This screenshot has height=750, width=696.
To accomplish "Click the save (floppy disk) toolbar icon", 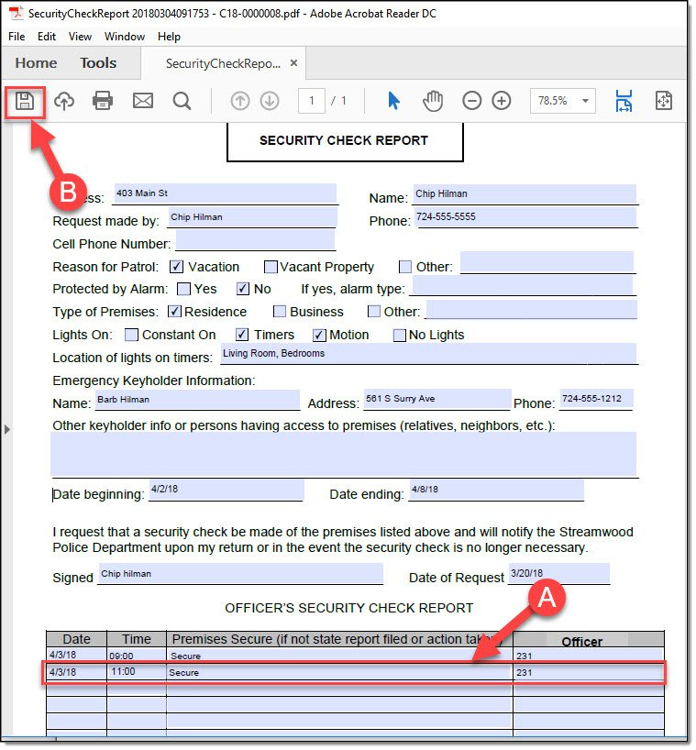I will (x=25, y=101).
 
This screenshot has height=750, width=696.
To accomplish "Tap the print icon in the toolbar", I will (x=103, y=101).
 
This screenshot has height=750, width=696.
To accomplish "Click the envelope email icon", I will (x=143, y=101).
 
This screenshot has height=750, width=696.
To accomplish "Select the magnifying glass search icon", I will (x=182, y=101).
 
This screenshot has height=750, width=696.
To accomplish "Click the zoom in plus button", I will (x=502, y=101).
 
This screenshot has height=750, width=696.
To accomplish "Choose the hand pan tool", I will (x=433, y=101).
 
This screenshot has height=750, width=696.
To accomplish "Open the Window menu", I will (x=125, y=37).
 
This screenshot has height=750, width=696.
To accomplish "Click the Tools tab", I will (x=98, y=63).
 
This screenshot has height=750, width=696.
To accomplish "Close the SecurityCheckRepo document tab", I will (x=293, y=63).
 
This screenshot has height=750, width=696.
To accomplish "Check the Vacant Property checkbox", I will (x=271, y=267).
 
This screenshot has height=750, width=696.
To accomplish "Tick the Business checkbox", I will (x=281, y=312).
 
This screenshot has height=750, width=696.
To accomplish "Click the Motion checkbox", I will (x=320, y=335).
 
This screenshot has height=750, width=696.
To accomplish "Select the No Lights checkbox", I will (x=400, y=335).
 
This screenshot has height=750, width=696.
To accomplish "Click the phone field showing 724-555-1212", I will (x=596, y=400).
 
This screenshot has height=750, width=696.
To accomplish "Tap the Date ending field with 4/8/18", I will (x=496, y=491).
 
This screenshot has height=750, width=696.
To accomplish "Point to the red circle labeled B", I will (x=67, y=193).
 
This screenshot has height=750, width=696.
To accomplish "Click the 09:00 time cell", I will (x=136, y=656).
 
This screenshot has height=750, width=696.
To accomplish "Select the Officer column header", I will (x=581, y=641).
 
